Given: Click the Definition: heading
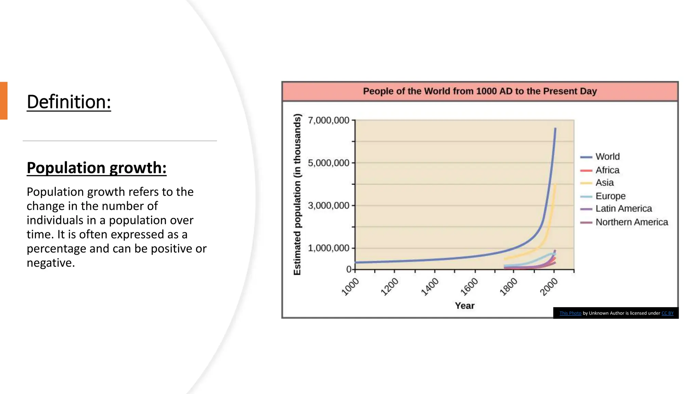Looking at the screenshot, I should point(69,102).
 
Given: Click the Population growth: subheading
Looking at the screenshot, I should point(96,168).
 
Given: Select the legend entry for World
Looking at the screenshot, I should point(607,157).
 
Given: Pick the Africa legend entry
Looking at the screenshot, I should point(607,170).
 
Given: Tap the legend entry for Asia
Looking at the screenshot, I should point(604,183).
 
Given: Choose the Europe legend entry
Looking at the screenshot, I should point(610,196).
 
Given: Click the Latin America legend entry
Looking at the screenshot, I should point(623,209).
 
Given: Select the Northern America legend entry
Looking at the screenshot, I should point(631,222).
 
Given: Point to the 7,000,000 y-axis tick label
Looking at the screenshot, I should point(328,120).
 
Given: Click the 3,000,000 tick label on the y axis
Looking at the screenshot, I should point(328,206).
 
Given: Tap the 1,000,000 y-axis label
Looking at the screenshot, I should point(328,248).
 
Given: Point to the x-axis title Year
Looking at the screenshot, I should point(465,306).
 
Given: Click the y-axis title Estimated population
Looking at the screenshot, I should point(297,194).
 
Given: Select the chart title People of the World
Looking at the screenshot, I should point(480,91).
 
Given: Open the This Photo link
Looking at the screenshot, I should point(570,313).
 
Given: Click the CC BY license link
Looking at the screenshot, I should point(667,313).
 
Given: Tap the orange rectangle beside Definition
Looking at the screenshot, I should point(3,101).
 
